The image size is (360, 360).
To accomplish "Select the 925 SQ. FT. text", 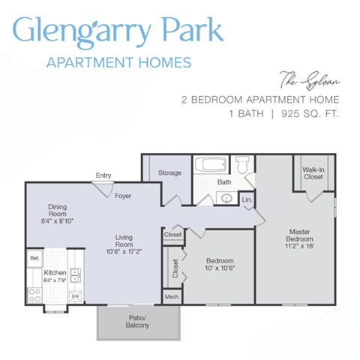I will click(310, 115).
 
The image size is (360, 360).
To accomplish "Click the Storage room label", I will click(169, 173).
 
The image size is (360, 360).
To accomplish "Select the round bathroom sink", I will click(226, 198).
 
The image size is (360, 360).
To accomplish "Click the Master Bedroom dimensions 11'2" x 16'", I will click(299, 245).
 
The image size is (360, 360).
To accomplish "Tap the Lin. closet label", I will click(247, 199).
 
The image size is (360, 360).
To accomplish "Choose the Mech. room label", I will click(171, 297).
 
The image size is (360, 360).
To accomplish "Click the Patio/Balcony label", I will click(137, 323).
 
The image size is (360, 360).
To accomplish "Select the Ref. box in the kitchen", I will click(34, 259).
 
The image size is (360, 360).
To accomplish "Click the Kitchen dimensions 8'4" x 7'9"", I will click(55, 280).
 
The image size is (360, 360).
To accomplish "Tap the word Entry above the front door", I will click(103, 175).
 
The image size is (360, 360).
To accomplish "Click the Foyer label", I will click(123, 196).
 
